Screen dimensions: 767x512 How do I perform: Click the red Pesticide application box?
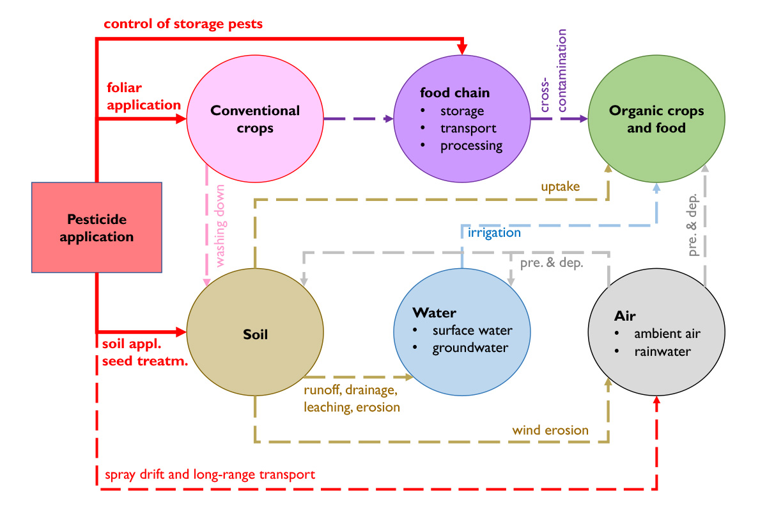tap(97, 227)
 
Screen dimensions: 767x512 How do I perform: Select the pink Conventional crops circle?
tap(255, 118)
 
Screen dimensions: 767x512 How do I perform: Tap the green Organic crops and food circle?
tap(656, 118)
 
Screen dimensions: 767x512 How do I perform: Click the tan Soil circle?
tap(255, 332)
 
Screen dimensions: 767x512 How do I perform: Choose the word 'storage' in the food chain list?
tap(462, 111)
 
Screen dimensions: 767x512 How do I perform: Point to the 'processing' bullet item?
tap(471, 146)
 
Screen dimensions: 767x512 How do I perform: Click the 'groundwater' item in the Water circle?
tap(470, 348)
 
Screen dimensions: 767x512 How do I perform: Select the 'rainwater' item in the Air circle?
tap(663, 351)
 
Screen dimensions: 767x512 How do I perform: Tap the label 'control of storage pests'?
tap(183, 24)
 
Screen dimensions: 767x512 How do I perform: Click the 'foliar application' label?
tap(144, 97)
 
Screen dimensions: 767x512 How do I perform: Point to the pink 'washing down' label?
tap(220, 226)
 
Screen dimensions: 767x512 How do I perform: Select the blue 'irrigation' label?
tap(494, 232)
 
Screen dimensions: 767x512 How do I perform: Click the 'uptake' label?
tap(560, 186)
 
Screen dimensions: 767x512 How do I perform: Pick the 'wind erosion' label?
tap(550, 430)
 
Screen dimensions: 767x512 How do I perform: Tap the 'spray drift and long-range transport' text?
tap(210, 475)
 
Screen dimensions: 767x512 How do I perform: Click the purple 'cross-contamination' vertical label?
tap(553, 70)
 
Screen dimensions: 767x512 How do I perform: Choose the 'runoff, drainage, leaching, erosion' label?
tap(352, 399)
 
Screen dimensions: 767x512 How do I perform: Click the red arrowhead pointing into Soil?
tap(181, 332)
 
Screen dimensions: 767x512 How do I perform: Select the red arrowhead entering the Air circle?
tap(656, 400)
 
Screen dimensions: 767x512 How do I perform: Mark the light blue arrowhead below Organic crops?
tap(656, 188)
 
